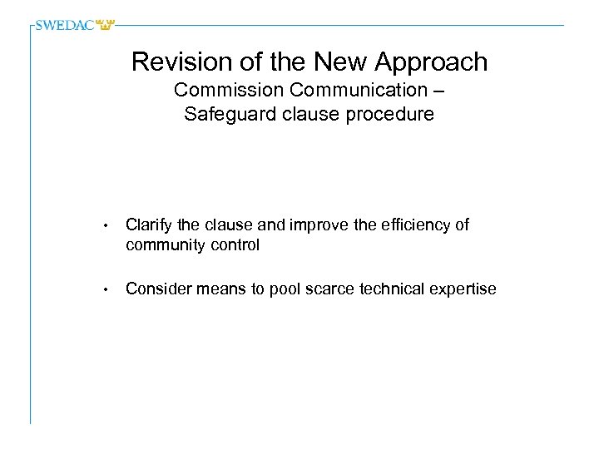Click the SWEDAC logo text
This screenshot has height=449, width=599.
coord(66,25)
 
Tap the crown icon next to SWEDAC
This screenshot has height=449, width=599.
coord(105,25)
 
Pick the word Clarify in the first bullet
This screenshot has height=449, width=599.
coord(151,225)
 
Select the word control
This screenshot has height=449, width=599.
coord(236,245)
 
